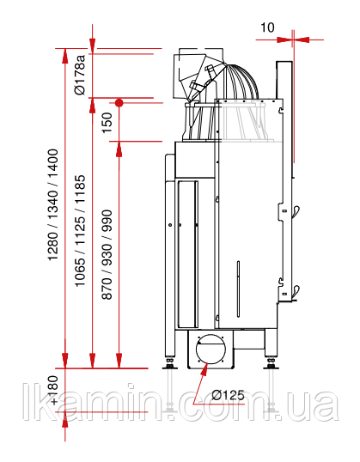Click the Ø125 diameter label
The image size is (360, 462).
point(229,395)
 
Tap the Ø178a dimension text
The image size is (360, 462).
point(80,75)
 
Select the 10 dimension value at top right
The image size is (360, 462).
point(267,27)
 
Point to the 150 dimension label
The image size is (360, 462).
point(107,123)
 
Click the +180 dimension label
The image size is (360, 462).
point(54,390)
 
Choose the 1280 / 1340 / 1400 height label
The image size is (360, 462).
point(53,205)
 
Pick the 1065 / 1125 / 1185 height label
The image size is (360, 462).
point(80,231)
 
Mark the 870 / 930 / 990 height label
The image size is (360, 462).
point(107,254)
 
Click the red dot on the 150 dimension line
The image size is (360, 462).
point(119,103)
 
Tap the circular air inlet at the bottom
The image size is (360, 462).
point(211,349)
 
